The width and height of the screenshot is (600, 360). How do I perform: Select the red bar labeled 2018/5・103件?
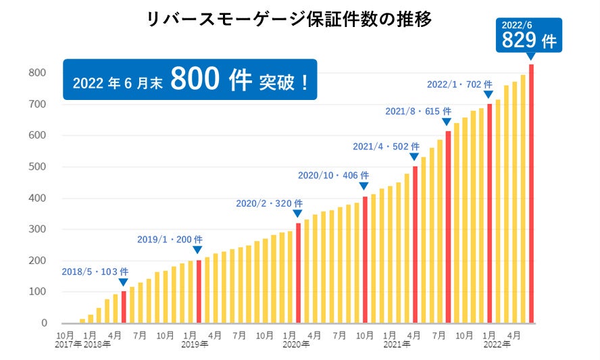(124, 307)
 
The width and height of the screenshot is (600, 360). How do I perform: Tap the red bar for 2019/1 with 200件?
(199, 291)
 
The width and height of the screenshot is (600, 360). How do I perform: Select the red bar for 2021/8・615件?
(448, 227)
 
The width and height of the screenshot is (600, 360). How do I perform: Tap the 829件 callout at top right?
(528, 34)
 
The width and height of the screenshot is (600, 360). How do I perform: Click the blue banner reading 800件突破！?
(189, 80)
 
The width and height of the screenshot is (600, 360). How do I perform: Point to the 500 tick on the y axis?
(38, 167)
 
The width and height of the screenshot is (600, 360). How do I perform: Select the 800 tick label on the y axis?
(38, 73)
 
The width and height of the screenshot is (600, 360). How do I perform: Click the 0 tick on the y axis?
(43, 324)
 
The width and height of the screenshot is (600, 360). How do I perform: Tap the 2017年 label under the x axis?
(68, 344)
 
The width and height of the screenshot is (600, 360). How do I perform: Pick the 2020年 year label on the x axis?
(295, 344)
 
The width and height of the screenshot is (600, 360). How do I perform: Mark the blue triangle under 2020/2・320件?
(297, 213)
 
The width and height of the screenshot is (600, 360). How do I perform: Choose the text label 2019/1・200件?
(170, 239)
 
